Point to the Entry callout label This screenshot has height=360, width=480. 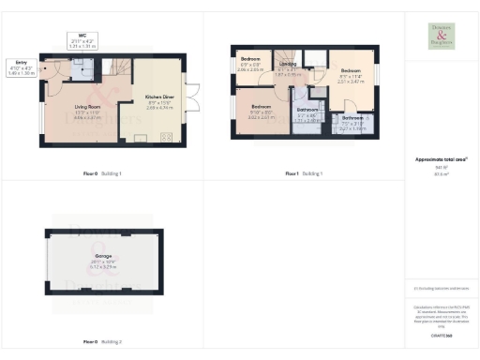click(21, 65)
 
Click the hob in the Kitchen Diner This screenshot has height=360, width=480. click(168, 139)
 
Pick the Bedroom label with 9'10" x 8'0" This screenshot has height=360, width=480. click(260, 109)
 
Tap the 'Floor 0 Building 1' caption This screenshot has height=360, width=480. click(102, 173)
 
